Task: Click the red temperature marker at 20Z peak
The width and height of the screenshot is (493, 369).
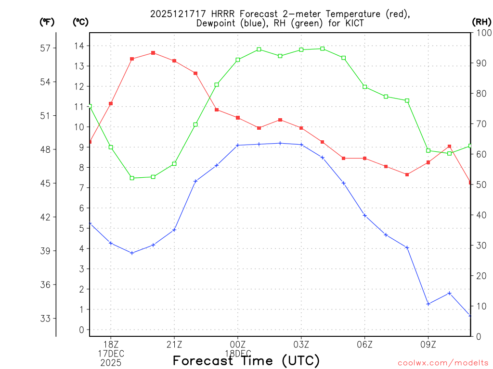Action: [153, 53]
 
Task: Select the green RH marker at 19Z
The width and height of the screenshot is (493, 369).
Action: [132, 178]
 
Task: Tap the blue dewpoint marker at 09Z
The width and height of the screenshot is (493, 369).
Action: [428, 304]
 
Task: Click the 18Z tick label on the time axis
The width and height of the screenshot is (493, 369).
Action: [111, 344]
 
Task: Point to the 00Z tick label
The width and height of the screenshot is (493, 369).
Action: [238, 344]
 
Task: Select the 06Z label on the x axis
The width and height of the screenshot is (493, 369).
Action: [365, 344]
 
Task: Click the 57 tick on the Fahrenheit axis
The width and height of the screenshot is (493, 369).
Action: [45, 48]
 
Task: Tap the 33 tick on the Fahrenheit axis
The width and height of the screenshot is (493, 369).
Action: [45, 319]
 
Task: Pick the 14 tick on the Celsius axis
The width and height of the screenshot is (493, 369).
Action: [79, 46]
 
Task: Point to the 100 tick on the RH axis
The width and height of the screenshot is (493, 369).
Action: [483, 33]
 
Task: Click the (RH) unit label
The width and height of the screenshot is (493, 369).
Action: [481, 22]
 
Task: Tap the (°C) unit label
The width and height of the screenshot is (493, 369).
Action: [80, 22]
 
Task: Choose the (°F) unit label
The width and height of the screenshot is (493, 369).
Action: [47, 22]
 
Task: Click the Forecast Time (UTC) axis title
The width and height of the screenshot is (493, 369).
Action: [246, 360]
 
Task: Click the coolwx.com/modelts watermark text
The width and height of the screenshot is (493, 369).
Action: [443, 363]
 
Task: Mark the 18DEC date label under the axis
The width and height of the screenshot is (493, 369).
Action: [238, 354]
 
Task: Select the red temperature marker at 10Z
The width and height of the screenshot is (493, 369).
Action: [449, 146]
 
